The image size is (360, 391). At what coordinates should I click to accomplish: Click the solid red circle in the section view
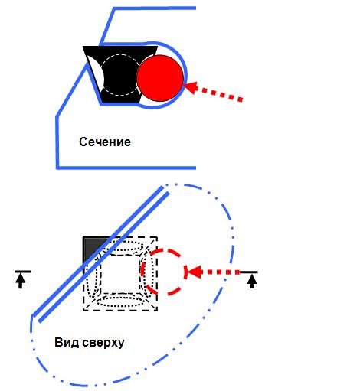[x=160, y=78]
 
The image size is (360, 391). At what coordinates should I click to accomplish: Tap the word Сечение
[x=105, y=142]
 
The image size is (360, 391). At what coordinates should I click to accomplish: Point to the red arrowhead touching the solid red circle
[x=191, y=87]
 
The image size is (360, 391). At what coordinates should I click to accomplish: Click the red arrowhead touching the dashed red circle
[x=194, y=272]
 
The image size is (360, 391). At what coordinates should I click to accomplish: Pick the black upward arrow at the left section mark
[x=21, y=282]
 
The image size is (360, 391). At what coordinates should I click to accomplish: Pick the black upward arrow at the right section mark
[x=252, y=282]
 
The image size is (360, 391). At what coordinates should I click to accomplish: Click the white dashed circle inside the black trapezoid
[x=120, y=55]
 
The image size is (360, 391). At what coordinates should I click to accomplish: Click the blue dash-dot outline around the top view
[x=231, y=224]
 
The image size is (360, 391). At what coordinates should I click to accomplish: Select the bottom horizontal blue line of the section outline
[x=126, y=168]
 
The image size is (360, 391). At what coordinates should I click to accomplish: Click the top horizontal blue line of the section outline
[x=155, y=8]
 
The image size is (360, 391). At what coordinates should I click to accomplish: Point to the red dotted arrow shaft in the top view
[x=221, y=272]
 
